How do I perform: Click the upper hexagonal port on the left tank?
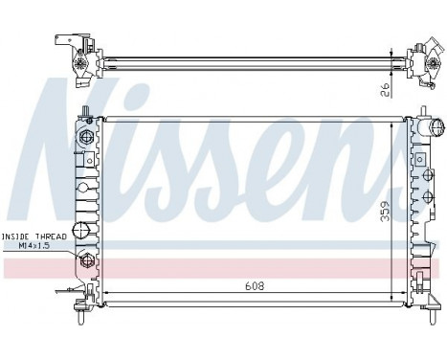pyautogui.click(x=86, y=139)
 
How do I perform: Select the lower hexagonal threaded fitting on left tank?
pyautogui.click(x=86, y=260)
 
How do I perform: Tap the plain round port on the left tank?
pyautogui.click(x=82, y=230)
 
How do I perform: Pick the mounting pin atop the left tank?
pyautogui.click(x=86, y=113)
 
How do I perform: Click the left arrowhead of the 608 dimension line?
pyautogui.click(x=107, y=291)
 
